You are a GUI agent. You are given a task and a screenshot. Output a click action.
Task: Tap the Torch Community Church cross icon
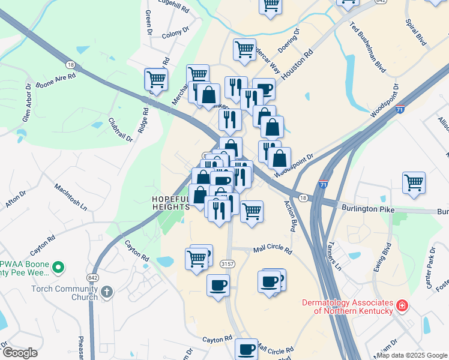point(106,292)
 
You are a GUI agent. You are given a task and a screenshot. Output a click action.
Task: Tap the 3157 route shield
point(227,263)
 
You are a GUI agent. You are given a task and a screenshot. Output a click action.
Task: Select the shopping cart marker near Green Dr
point(155,79)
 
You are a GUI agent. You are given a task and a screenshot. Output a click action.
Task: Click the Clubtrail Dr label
point(121,128)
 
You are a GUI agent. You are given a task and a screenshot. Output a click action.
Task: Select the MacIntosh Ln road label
point(70,196)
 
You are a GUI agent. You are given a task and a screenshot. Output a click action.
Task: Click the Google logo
point(20,353)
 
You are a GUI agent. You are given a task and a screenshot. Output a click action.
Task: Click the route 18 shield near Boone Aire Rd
point(71,64)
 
